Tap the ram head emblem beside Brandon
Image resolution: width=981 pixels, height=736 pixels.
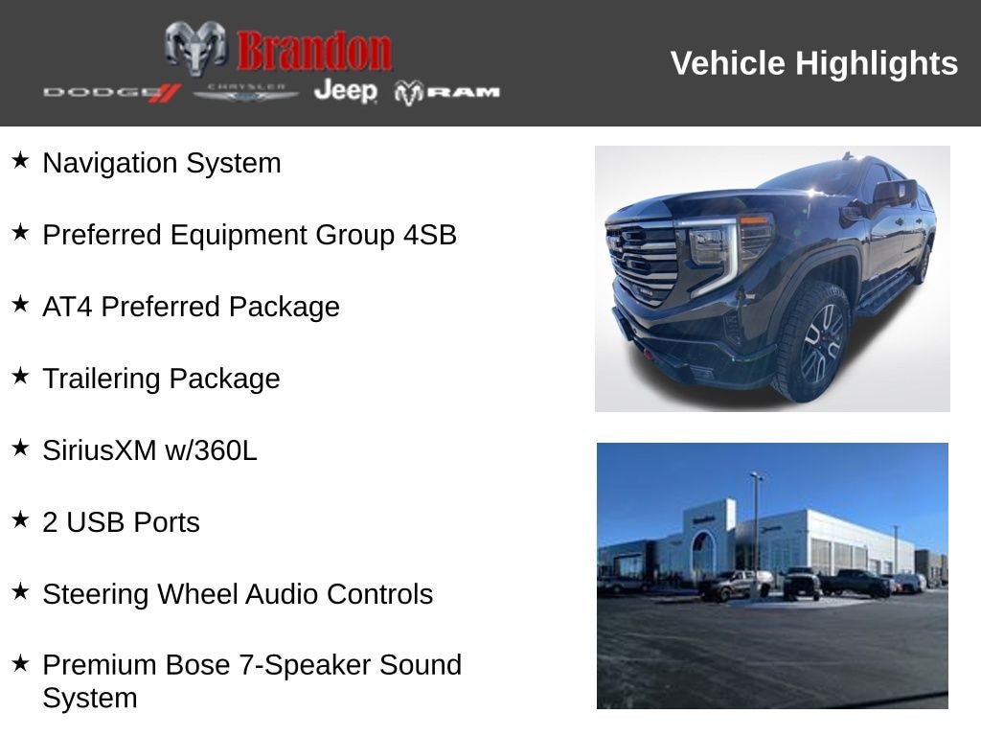[x=195, y=48]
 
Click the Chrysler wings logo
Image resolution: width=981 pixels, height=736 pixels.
[x=246, y=92]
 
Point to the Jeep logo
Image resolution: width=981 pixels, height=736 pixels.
[x=346, y=91]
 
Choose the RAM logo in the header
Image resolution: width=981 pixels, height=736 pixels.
[x=447, y=92]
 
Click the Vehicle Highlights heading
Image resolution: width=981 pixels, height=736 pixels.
[x=813, y=63]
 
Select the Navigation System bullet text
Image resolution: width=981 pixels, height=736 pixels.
[x=161, y=163]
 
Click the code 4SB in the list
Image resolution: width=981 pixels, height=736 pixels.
[x=429, y=235]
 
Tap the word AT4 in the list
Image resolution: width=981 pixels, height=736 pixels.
[x=68, y=307]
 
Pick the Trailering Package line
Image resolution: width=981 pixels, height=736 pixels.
[x=161, y=379]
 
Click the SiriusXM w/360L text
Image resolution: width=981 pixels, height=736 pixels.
[x=149, y=450]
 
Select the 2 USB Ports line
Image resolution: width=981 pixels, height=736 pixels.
[x=121, y=522]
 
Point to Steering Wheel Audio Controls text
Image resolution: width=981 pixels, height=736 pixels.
[x=238, y=594]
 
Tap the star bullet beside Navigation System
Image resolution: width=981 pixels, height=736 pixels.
[x=20, y=161]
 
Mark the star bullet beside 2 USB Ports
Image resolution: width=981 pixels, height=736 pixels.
[x=20, y=520]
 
